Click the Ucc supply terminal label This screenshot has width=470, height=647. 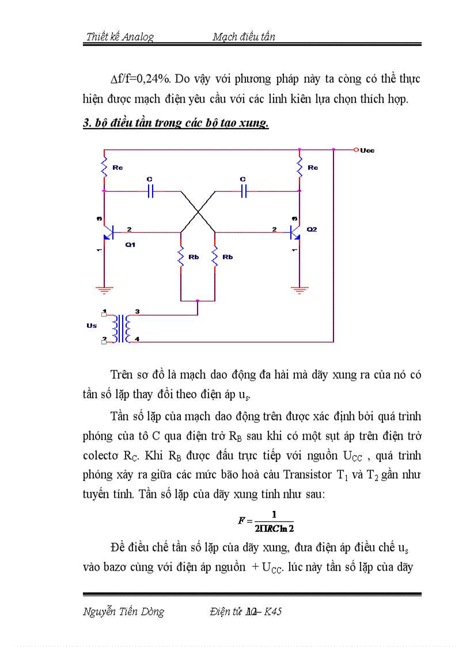pyautogui.click(x=367, y=150)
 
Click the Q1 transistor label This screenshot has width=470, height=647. pyautogui.click(x=130, y=244)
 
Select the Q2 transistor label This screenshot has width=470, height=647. pyautogui.click(x=312, y=229)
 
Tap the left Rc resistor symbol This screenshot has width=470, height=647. pyautogui.click(x=104, y=168)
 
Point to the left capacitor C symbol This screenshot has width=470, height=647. pyautogui.click(x=150, y=191)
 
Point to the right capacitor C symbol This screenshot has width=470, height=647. pyautogui.click(x=243, y=191)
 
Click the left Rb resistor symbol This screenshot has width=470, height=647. pyautogui.click(x=181, y=257)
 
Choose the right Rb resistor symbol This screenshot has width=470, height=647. pyautogui.click(x=215, y=257)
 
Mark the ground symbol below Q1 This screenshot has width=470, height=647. pyautogui.click(x=104, y=290)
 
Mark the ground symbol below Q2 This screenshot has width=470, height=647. pyautogui.click(x=299, y=290)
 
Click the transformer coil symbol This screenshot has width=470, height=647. pyautogui.click(x=122, y=328)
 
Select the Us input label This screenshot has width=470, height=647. pyautogui.click(x=92, y=326)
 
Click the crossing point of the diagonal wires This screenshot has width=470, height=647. pyautogui.click(x=198, y=212)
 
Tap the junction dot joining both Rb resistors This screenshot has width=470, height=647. pyautogui.click(x=198, y=301)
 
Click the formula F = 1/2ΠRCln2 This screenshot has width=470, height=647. pyautogui.click(x=266, y=520)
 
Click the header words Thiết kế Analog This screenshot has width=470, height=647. pyautogui.click(x=120, y=37)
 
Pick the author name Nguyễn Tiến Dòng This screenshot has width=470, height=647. pyautogui.click(x=124, y=612)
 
